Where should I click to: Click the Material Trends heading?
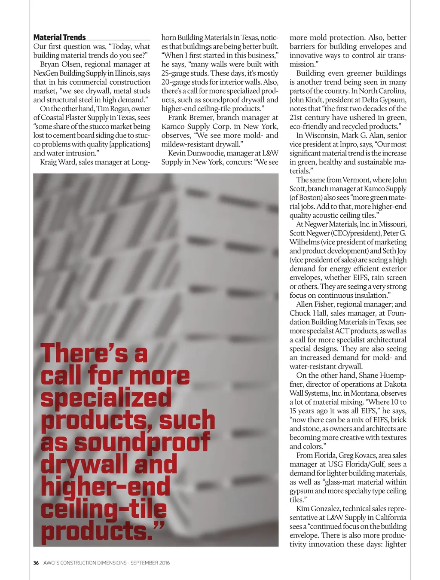(x=59, y=37)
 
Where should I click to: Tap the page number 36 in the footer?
(x=36, y=563)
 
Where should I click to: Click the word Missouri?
(x=392, y=224)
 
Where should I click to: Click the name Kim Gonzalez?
(x=318, y=509)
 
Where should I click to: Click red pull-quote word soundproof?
(x=142, y=443)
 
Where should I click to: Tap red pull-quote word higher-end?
(x=105, y=487)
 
